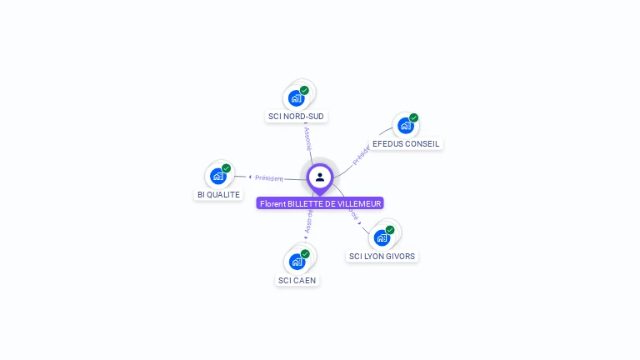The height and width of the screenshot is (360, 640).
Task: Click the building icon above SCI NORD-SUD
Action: coord(296,98)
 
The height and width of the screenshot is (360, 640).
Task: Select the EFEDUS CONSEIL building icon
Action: coord(405,126)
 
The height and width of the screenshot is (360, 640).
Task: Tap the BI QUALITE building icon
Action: coord(218,177)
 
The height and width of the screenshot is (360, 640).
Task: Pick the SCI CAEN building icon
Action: coord(297,262)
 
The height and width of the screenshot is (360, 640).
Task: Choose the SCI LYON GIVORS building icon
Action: coord(382,237)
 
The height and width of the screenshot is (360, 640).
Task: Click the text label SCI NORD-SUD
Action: coord(297,117)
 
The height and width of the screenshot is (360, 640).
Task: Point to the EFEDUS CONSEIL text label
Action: coord(406,144)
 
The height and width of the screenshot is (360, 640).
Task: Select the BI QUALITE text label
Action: coord(218,195)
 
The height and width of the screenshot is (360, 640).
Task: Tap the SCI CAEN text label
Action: coord(297,280)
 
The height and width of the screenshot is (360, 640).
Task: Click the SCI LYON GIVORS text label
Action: coord(382,256)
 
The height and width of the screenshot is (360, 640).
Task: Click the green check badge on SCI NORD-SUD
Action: coord(305,90)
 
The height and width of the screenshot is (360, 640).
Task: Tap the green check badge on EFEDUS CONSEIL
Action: coord(414,117)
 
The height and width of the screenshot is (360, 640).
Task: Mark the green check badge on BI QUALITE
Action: coord(227,168)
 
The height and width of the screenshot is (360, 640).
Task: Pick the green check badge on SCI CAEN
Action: coord(306,253)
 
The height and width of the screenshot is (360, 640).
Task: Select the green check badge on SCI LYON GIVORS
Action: coord(390,229)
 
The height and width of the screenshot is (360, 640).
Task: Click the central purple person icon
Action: coord(320,177)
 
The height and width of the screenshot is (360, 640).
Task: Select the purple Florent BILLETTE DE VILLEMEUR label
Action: coord(320,203)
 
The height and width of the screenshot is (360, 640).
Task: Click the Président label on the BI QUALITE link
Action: coord(269,177)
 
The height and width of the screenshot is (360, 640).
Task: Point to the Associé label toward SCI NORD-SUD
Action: coord(308,137)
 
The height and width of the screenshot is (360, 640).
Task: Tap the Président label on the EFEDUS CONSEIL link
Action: coord(361,156)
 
